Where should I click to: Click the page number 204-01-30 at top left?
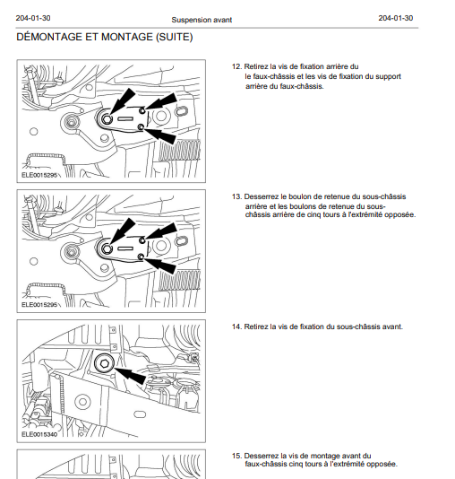coord(33,18)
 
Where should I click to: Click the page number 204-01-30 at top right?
coord(396,18)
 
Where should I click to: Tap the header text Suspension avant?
coord(202,20)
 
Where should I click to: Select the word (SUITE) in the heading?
coord(174,37)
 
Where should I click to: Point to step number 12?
coord(236,66)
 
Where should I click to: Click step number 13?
coord(236,196)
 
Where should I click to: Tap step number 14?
coord(236,327)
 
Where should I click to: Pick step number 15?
coord(236,456)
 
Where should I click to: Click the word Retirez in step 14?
coord(256,327)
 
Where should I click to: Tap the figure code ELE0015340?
coord(39,434)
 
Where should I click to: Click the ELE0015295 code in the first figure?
coord(39,175)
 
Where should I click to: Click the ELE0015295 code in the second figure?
coord(39,305)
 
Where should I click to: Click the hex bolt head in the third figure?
coord(104,363)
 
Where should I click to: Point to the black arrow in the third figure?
coord(130,375)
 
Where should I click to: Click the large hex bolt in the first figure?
coord(106,119)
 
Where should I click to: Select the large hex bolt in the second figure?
coord(106,249)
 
